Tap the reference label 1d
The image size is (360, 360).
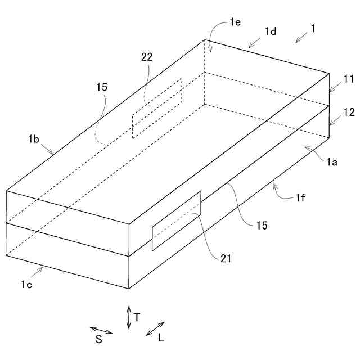(271, 31)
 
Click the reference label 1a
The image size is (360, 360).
(332, 162)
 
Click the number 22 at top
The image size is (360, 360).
(147, 57)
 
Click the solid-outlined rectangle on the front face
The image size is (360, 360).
(176, 220)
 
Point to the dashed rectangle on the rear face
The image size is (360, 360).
(157, 109)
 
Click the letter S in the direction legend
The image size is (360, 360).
(98, 339)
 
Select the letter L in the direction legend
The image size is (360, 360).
(161, 338)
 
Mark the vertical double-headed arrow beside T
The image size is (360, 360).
(129, 317)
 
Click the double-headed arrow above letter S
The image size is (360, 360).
(101, 330)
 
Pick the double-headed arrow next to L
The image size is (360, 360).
(155, 328)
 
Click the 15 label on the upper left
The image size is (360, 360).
(102, 87)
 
